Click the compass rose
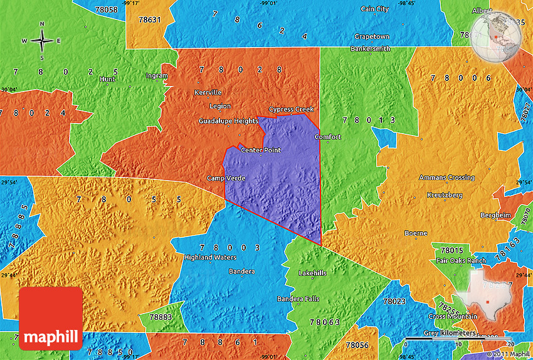[42, 41]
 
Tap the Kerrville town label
[208, 92]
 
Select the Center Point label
[261, 151]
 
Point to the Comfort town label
[327, 137]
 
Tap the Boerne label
[416, 233]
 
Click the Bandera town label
[241, 272]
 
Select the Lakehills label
[312, 273]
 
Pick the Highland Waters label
[210, 257]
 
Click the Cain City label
[375, 9]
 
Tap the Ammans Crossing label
[447, 178]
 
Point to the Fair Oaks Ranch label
[461, 261]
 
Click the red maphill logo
[51, 318]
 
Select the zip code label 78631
[150, 19]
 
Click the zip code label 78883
[161, 317]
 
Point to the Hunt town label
[107, 79]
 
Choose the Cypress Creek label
[291, 109]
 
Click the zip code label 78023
[394, 302]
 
